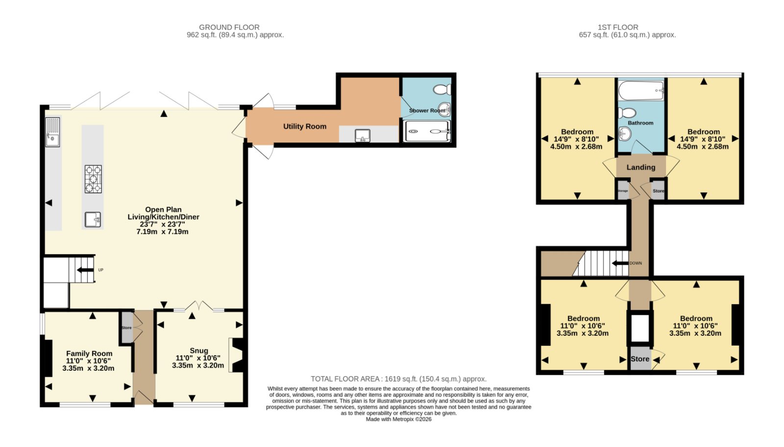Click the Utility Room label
pyautogui.click(x=304, y=126)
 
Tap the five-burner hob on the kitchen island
pyautogui.click(x=93, y=179)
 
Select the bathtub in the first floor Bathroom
pyautogui.click(x=641, y=91)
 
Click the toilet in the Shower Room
pyautogui.click(x=442, y=90)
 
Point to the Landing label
pyautogui.click(x=640, y=167)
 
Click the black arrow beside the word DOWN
pyautogui.click(x=620, y=263)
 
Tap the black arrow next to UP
pyautogui.click(x=85, y=270)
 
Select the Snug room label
pyautogui.click(x=198, y=351)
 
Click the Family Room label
pyautogui.click(x=89, y=353)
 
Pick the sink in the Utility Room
pyautogui.click(x=362, y=135)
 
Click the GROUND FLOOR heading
pyautogui.click(x=229, y=27)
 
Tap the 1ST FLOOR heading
pyautogui.click(x=618, y=27)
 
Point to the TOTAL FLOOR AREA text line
pyautogui.click(x=398, y=379)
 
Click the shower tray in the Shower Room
pyautogui.click(x=427, y=132)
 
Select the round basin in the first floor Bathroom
pyautogui.click(x=625, y=133)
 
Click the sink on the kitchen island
pyautogui.click(x=93, y=220)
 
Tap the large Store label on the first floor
pyautogui.click(x=640, y=359)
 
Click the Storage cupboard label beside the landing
pyautogui.click(x=622, y=190)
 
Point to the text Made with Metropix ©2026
pyautogui.click(x=398, y=419)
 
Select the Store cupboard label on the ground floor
pyautogui.click(x=126, y=328)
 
